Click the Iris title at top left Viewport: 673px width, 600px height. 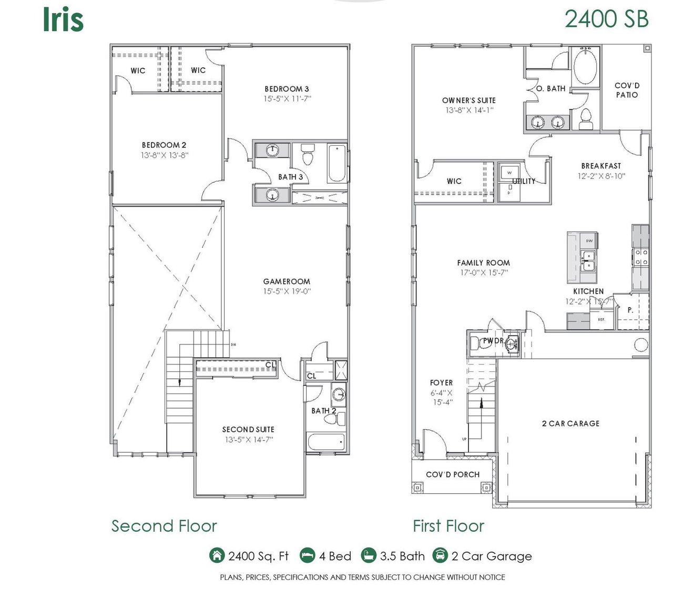(63, 20)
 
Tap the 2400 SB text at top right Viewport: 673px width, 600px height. (606, 19)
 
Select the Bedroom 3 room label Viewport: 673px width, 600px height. (287, 89)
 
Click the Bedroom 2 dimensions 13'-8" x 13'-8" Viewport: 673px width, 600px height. (164, 155)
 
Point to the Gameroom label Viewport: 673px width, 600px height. (287, 281)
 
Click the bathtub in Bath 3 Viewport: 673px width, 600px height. (336, 163)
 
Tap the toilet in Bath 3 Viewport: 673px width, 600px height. (308, 156)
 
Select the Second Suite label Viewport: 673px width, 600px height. (248, 429)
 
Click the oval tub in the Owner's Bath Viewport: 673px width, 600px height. (585, 67)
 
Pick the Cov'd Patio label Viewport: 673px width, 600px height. (627, 90)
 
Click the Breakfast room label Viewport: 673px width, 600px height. (601, 166)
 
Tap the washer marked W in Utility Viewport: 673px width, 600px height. (509, 172)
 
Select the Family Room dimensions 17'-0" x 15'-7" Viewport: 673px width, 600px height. (483, 272)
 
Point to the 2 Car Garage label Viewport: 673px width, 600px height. (570, 423)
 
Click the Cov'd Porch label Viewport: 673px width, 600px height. (453, 474)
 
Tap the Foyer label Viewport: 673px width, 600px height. (441, 383)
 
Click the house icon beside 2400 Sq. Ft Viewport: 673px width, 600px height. (217, 555)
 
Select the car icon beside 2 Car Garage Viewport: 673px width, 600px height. (440, 555)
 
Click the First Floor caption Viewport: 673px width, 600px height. (448, 526)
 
